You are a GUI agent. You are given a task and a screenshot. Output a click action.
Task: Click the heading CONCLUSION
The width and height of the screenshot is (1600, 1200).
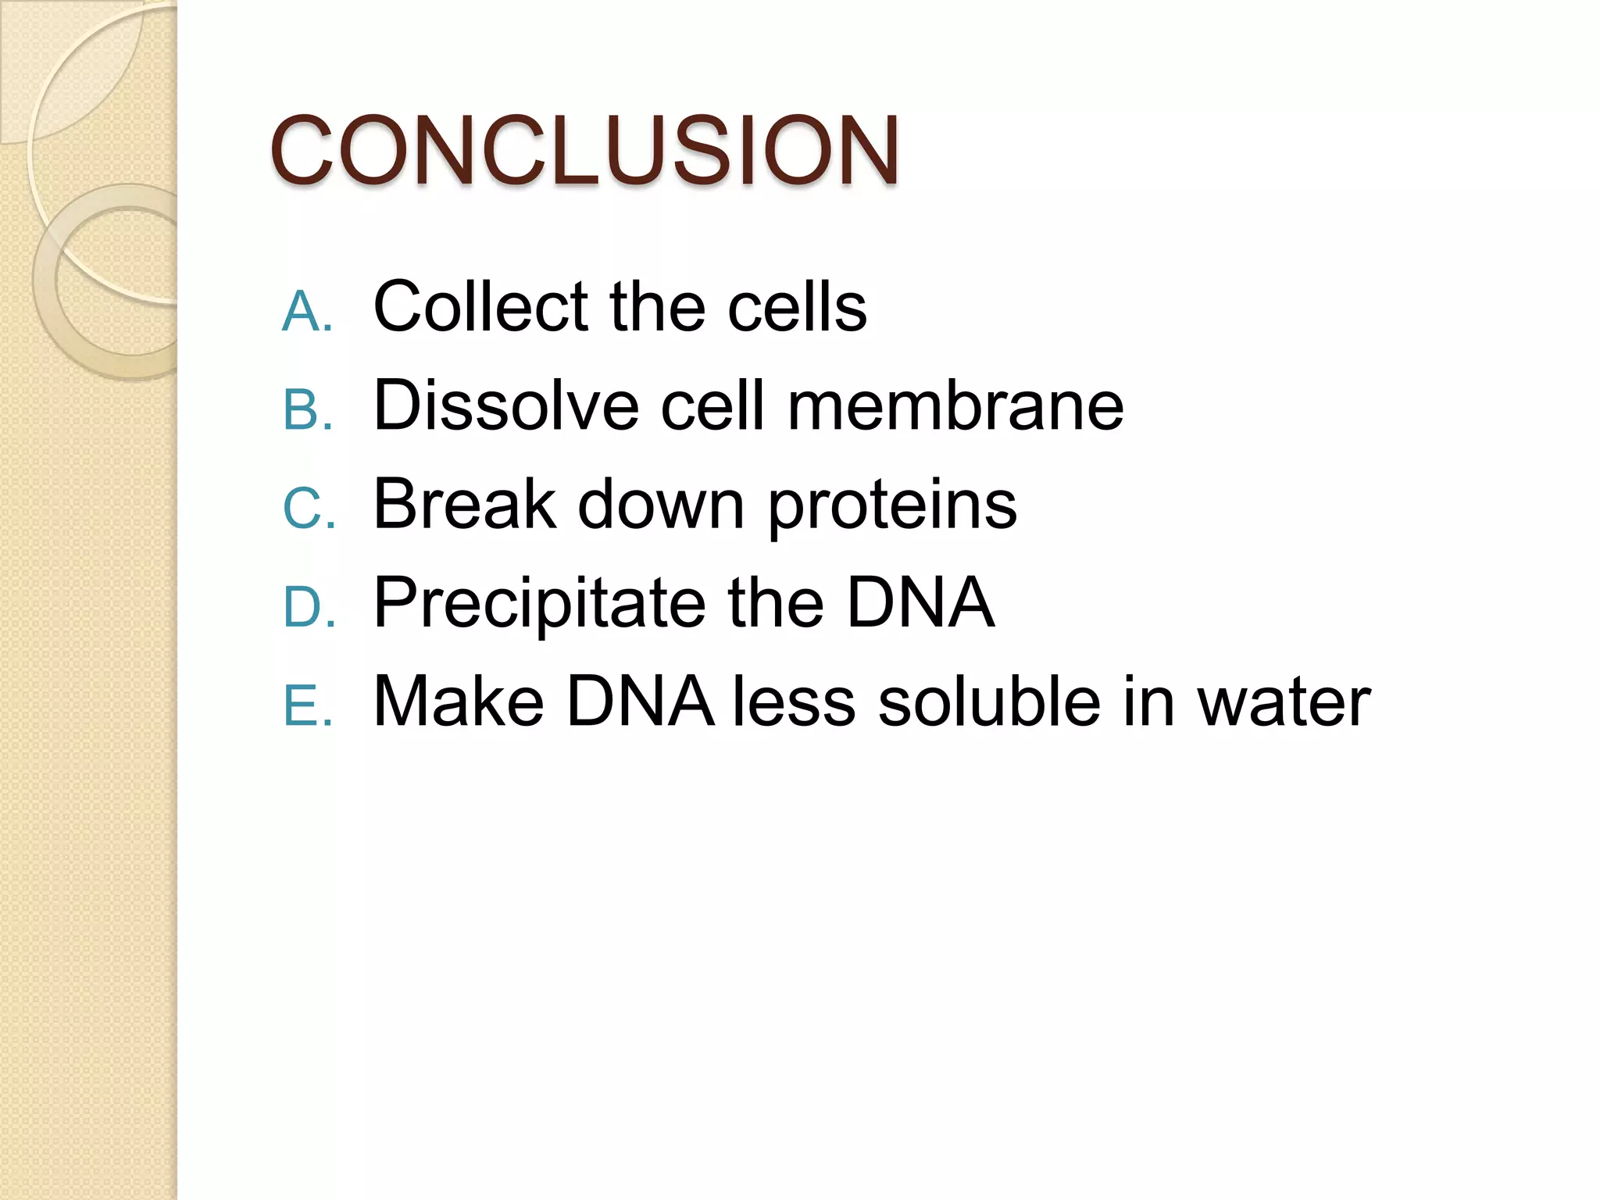pyautogui.click(x=584, y=150)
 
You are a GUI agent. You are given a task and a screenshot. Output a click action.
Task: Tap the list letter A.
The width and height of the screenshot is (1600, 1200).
pyautogui.click(x=307, y=312)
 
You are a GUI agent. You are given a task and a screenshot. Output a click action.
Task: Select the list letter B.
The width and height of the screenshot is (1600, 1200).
pyautogui.click(x=307, y=410)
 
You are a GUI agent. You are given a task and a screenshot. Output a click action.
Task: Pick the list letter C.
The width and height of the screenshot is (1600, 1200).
pyautogui.click(x=307, y=509)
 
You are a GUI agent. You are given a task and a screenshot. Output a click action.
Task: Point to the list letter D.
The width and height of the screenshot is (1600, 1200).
pyautogui.click(x=307, y=607)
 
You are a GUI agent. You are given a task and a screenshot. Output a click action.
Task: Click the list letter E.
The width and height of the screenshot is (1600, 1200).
pyautogui.click(x=307, y=705)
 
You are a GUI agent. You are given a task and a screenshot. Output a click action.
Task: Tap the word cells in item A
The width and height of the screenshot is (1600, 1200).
pyautogui.click(x=797, y=306)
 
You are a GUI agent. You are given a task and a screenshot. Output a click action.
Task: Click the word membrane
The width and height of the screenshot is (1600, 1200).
pyautogui.click(x=955, y=405)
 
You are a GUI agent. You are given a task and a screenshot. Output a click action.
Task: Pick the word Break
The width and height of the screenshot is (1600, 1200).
pyautogui.click(x=464, y=504)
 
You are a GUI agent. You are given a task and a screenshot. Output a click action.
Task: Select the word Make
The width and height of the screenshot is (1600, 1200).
pyautogui.click(x=459, y=701)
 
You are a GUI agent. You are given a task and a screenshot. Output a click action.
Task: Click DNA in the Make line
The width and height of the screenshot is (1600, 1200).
pyautogui.click(x=639, y=701)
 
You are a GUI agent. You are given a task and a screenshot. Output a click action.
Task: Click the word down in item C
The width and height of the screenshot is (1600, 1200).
pyautogui.click(x=661, y=504)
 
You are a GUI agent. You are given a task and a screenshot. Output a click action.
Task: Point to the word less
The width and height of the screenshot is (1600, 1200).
pyautogui.click(x=794, y=701)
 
